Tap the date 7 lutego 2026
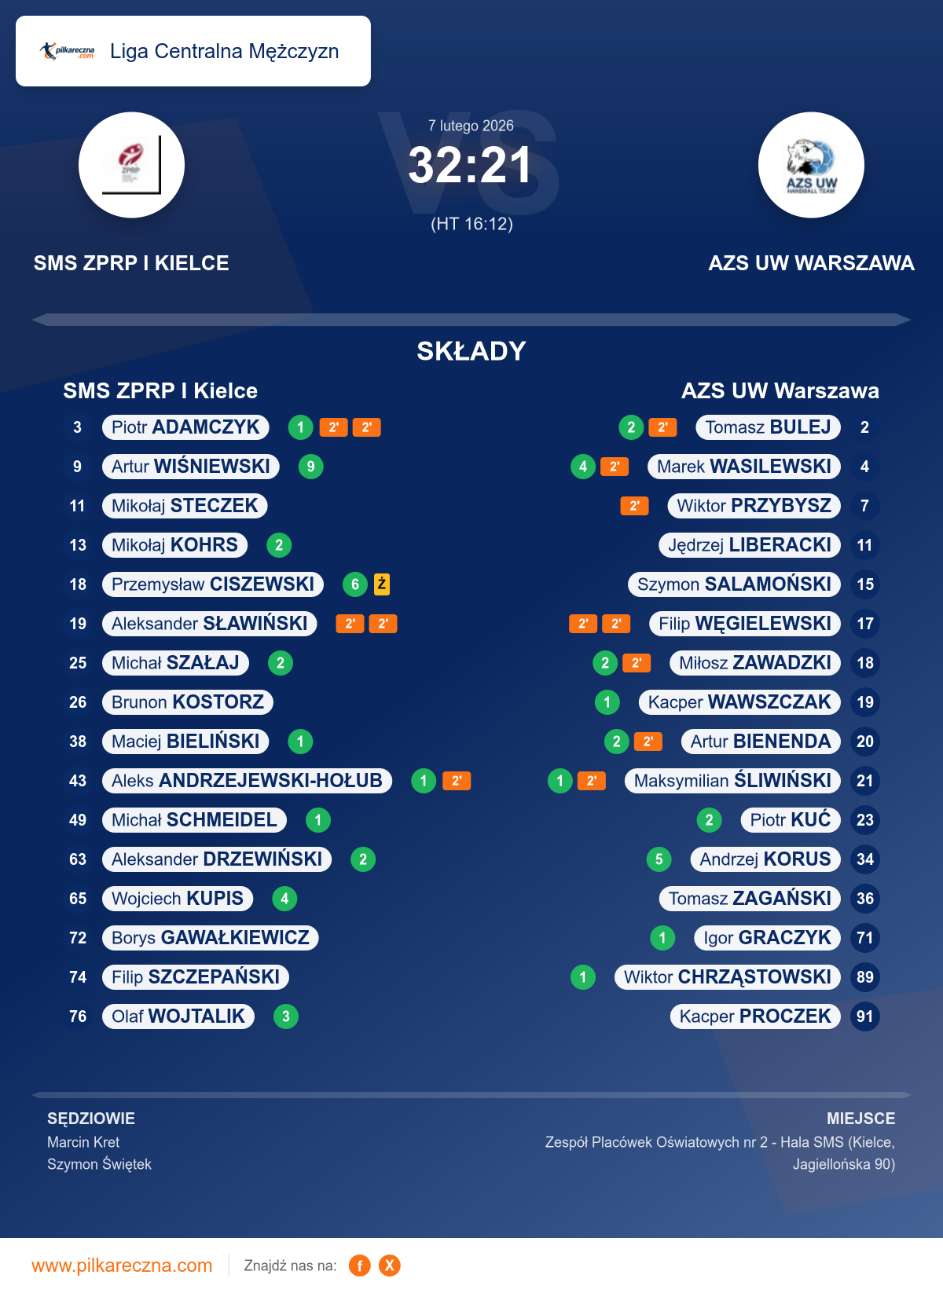(x=471, y=126)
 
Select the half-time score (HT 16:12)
(x=472, y=224)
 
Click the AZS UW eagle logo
(x=811, y=165)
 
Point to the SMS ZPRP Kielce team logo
(x=131, y=165)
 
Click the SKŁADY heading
(x=471, y=351)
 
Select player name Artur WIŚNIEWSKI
(x=191, y=467)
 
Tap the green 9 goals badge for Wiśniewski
(x=311, y=467)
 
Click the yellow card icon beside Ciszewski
(x=382, y=584)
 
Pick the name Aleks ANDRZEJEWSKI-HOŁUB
(x=247, y=781)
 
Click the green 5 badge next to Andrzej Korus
(x=659, y=859)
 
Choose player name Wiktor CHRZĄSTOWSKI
(x=727, y=977)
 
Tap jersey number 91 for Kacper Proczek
(x=865, y=1016)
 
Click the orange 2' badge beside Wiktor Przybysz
(x=634, y=506)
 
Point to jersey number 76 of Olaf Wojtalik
(x=78, y=1016)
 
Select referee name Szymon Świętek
(x=99, y=1164)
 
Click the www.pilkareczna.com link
(x=122, y=1266)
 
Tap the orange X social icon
(x=390, y=1266)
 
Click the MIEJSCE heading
(x=860, y=1119)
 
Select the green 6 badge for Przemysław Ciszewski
(x=355, y=584)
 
